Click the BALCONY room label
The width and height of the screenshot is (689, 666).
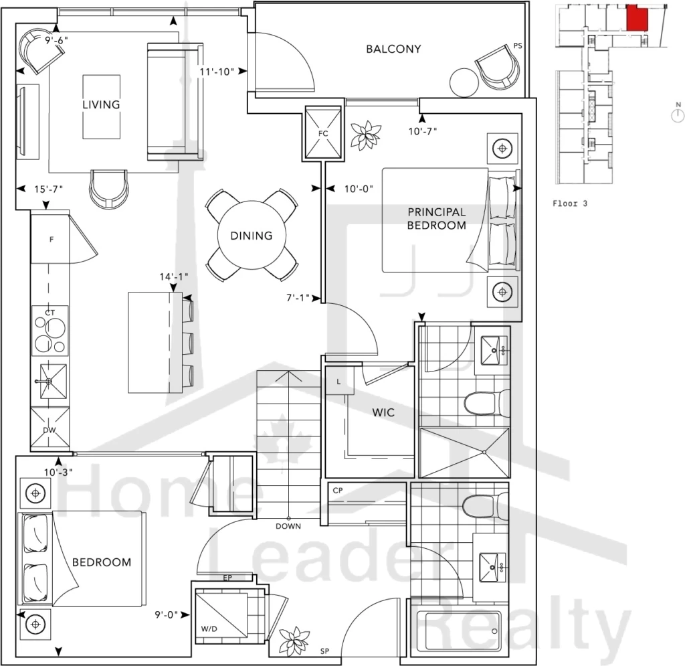click(x=393, y=49)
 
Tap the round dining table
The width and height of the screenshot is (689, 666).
click(x=252, y=235)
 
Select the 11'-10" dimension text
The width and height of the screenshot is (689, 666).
click(x=217, y=72)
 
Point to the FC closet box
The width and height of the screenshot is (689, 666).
click(x=323, y=133)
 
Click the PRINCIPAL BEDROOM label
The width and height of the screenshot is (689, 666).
click(x=436, y=218)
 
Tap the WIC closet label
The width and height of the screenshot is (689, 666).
click(x=383, y=412)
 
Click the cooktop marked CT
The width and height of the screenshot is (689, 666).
click(x=50, y=331)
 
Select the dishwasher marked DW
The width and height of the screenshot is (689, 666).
click(x=50, y=428)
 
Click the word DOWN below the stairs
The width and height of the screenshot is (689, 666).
click(x=288, y=526)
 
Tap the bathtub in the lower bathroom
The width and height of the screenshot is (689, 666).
click(x=458, y=631)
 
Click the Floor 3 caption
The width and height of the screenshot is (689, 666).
click(x=570, y=203)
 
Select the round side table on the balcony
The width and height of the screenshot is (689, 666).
click(x=464, y=82)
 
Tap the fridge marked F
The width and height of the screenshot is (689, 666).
click(x=50, y=239)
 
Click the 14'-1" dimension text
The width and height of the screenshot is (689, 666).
click(x=173, y=276)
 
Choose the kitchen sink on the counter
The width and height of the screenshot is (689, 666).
click(x=50, y=381)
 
